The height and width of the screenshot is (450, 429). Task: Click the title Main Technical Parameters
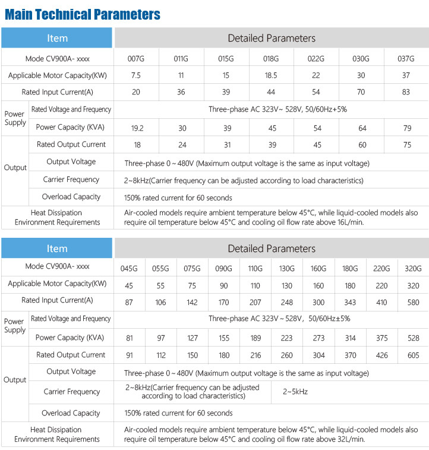point(82,14)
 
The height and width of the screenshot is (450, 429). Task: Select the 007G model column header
point(136,59)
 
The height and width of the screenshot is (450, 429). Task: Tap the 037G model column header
point(406,59)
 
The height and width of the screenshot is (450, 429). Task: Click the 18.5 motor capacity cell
point(271,75)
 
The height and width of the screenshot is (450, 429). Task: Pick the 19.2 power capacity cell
point(136,127)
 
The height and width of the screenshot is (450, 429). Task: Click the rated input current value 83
point(406,93)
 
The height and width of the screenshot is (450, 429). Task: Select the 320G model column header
point(412,269)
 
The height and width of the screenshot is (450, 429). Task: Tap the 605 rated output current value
point(412,355)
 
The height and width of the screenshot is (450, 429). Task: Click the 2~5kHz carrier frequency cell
point(295,392)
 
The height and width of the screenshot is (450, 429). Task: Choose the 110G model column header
point(255,269)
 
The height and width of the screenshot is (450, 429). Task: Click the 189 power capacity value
point(255,338)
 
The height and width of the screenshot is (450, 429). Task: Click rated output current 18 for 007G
point(136,144)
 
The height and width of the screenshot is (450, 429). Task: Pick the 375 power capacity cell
point(381,338)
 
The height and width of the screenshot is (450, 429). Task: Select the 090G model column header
point(223,269)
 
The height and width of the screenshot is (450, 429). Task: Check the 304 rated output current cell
point(318,355)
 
